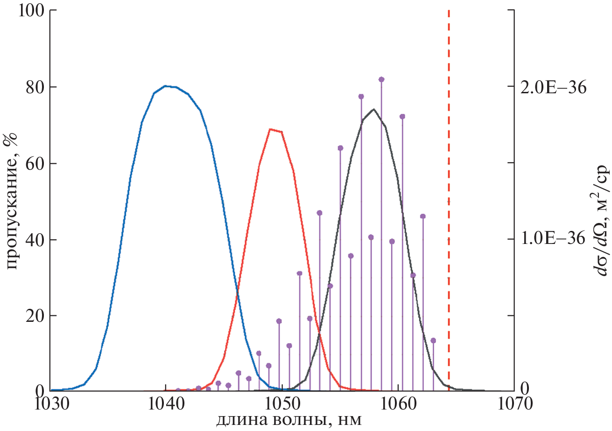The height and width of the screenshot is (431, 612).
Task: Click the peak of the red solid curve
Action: [271, 129]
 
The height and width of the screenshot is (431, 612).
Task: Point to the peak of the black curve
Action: [373, 110]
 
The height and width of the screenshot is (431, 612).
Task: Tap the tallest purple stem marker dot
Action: [381, 80]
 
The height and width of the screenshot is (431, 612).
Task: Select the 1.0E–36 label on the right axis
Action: [554, 239]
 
